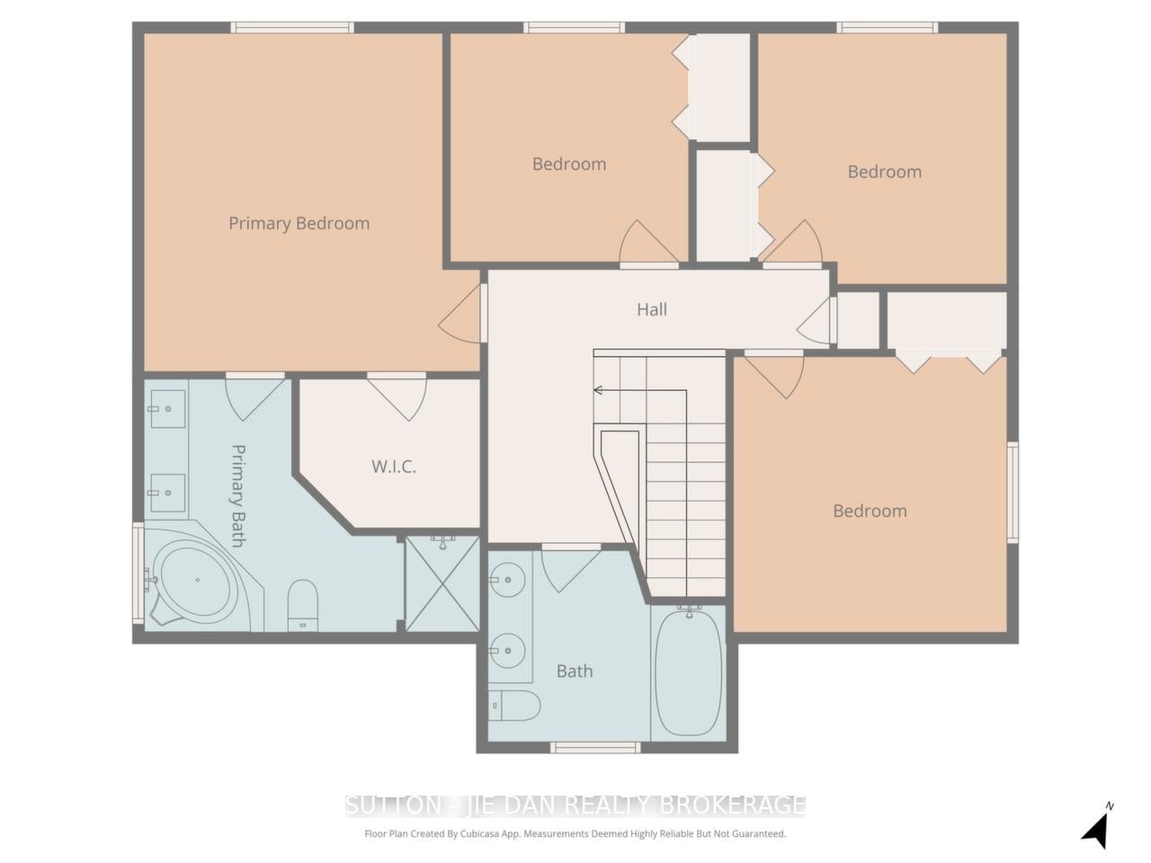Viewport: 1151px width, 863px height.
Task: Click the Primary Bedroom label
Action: (299, 224)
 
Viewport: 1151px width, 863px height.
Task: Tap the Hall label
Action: (652, 309)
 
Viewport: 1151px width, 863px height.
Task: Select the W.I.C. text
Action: (394, 467)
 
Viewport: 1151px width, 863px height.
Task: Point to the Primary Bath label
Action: (238, 495)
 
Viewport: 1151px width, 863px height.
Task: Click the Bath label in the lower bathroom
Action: (575, 672)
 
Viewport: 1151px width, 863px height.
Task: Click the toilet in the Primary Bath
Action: (303, 605)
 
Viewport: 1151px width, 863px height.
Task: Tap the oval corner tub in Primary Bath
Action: (195, 579)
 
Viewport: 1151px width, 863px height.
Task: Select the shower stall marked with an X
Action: (443, 583)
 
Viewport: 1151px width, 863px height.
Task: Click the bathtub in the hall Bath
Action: (689, 672)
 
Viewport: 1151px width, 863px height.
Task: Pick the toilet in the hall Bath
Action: (514, 706)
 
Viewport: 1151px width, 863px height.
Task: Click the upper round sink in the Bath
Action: (507, 580)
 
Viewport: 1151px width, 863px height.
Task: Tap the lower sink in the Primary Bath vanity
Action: (167, 493)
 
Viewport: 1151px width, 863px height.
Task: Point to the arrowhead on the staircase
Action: (598, 390)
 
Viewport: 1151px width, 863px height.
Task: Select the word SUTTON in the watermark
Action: (393, 805)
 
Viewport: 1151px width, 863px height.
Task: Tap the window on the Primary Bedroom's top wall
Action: (292, 28)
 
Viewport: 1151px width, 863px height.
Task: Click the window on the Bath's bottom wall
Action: (595, 748)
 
